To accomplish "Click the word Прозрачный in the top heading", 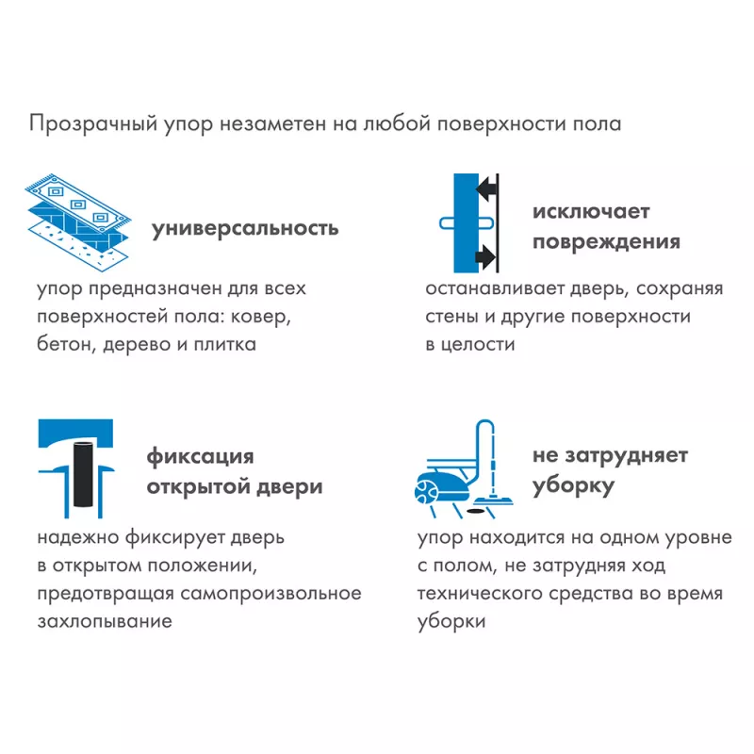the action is (x=93, y=124).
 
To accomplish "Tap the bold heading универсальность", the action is (x=245, y=228).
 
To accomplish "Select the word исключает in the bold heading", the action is (x=591, y=211).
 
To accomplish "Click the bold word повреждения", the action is (x=606, y=242).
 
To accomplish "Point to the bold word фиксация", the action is (x=200, y=457).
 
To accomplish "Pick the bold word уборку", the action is (x=573, y=485).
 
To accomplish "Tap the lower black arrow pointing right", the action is (x=485, y=256).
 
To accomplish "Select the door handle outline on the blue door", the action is (x=467, y=223).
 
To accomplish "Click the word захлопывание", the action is (x=105, y=621).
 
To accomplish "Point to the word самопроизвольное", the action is (x=270, y=594).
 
